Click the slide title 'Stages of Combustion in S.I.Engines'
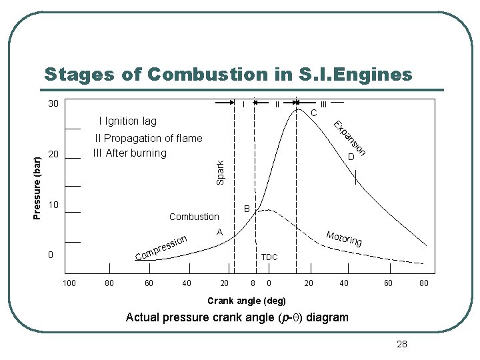228,74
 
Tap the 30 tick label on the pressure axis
53,104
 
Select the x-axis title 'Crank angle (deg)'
247,301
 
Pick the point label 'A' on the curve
219,232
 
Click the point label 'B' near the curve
247,209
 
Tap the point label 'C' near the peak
313,113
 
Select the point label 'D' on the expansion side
351,157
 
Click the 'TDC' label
269,257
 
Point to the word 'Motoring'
344,238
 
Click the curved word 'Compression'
164,249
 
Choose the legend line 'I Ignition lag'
127,121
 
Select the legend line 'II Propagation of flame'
149,139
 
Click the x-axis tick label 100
69,283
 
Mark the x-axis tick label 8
252,283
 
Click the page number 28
401,344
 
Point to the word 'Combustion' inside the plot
194,217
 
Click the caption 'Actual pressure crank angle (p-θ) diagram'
237,317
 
